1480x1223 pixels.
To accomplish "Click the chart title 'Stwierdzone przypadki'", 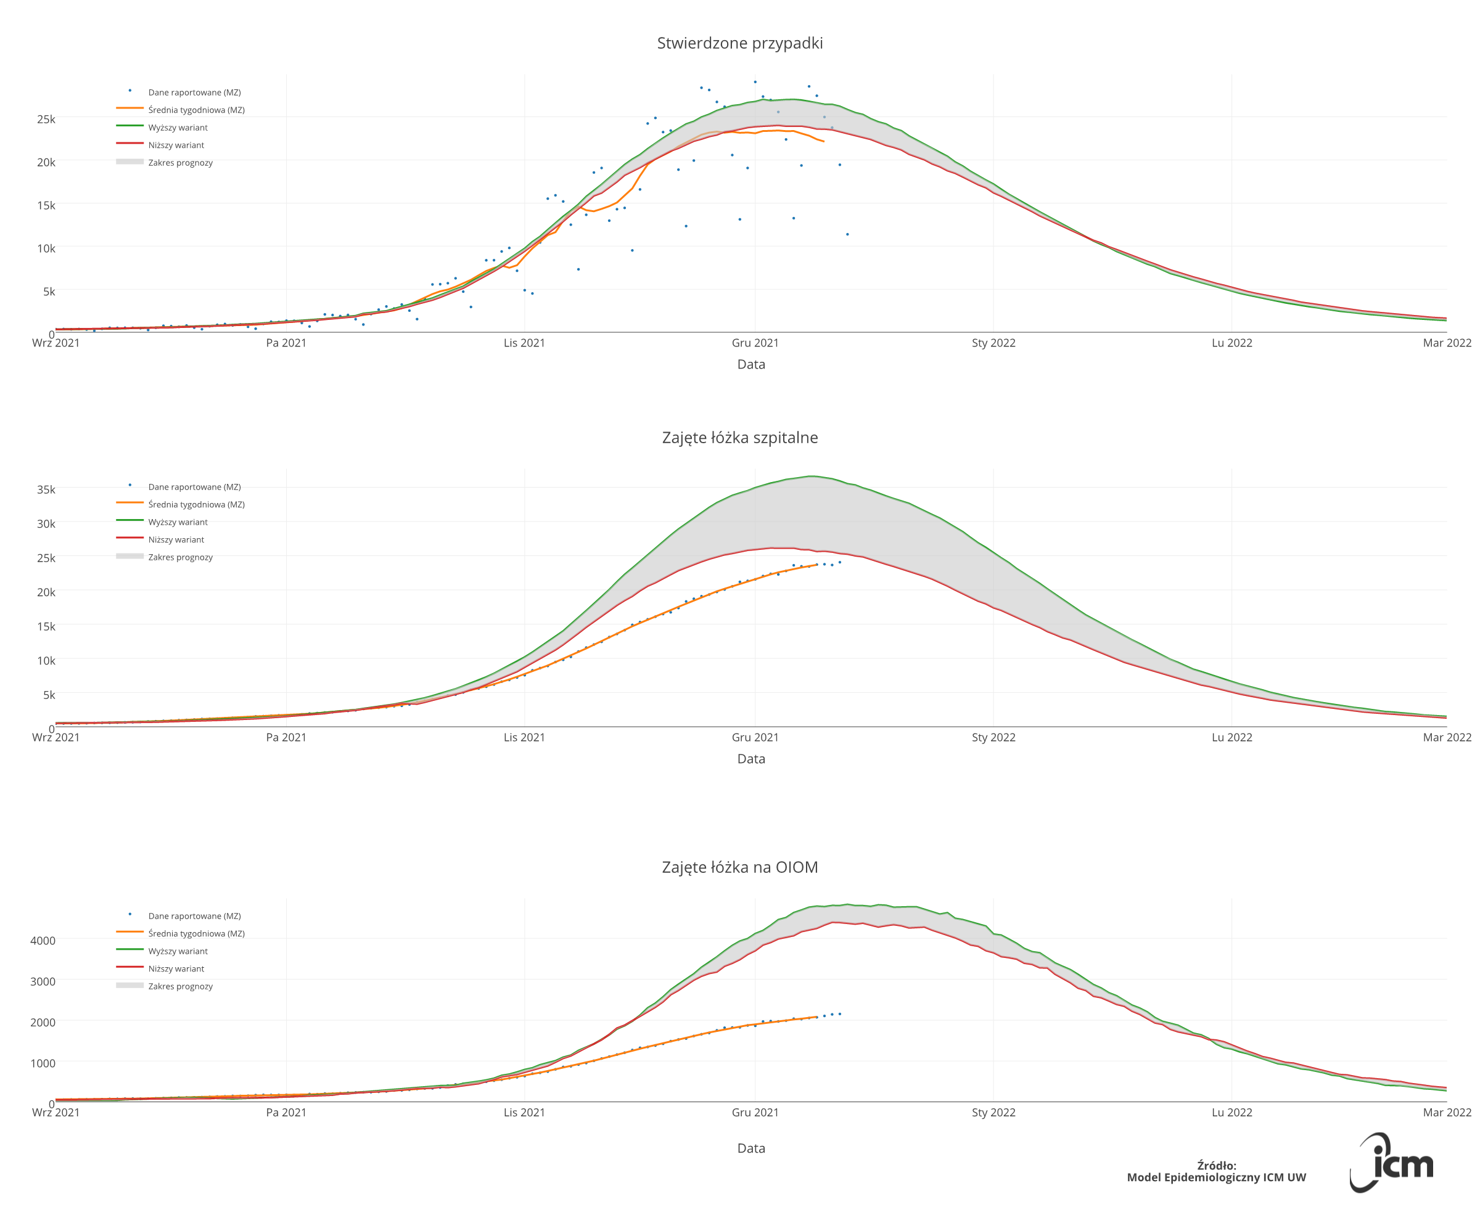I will click(x=739, y=43).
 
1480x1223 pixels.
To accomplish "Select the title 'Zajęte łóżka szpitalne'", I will click(x=739, y=438).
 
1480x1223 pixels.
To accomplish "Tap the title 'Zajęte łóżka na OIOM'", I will click(x=739, y=867).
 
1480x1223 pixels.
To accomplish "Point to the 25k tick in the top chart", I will click(x=46, y=119).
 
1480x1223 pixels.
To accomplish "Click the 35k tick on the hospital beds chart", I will click(x=46, y=489).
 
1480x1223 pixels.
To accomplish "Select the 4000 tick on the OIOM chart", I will click(x=43, y=941).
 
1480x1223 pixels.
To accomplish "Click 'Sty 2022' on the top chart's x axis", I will click(x=993, y=343).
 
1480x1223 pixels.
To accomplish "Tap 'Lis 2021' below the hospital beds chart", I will click(x=524, y=738).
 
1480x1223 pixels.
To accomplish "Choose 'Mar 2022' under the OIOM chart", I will click(x=1446, y=1113).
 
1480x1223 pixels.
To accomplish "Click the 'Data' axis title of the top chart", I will click(x=750, y=364).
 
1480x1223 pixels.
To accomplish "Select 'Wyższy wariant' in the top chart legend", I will click(x=178, y=128).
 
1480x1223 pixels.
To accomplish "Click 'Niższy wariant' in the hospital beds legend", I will click(x=176, y=539).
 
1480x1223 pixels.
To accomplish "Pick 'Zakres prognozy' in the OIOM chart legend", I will click(x=181, y=986).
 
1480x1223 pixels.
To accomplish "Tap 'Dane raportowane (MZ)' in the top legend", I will click(x=194, y=92).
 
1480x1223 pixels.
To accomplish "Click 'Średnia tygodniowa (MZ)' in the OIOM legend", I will click(x=197, y=933).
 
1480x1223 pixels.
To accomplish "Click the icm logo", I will click(x=1392, y=1164).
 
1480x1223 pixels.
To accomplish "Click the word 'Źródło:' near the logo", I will click(x=1217, y=1165).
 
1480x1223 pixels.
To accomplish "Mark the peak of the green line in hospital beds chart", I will click(x=812, y=477).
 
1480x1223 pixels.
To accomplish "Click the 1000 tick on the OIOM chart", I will click(x=43, y=1063).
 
